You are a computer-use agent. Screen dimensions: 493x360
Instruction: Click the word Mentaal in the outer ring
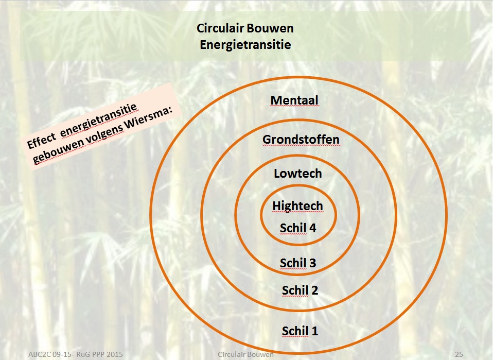click(x=294, y=100)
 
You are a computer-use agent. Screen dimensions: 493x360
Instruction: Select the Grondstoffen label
click(x=301, y=140)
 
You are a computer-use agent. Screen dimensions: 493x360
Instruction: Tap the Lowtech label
click(x=298, y=174)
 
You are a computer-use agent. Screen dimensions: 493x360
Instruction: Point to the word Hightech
click(x=298, y=206)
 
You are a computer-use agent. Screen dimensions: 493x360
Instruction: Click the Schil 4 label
click(x=298, y=228)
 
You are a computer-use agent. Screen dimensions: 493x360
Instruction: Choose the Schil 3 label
click(x=298, y=263)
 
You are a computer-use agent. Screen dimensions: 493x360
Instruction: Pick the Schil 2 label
click(x=300, y=290)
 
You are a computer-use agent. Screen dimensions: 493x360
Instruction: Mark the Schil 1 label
click(x=300, y=331)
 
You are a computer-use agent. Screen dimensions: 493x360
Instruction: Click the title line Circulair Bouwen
click(x=245, y=28)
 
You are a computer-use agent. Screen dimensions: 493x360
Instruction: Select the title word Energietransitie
click(x=245, y=44)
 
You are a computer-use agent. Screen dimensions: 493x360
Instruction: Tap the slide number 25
click(x=459, y=354)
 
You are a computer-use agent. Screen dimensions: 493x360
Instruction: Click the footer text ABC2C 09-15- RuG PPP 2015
click(x=76, y=354)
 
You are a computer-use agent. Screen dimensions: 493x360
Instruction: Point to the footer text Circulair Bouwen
click(x=245, y=354)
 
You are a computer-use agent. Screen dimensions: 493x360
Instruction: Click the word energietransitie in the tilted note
click(x=99, y=120)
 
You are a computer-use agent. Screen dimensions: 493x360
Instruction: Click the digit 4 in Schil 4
click(x=312, y=228)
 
